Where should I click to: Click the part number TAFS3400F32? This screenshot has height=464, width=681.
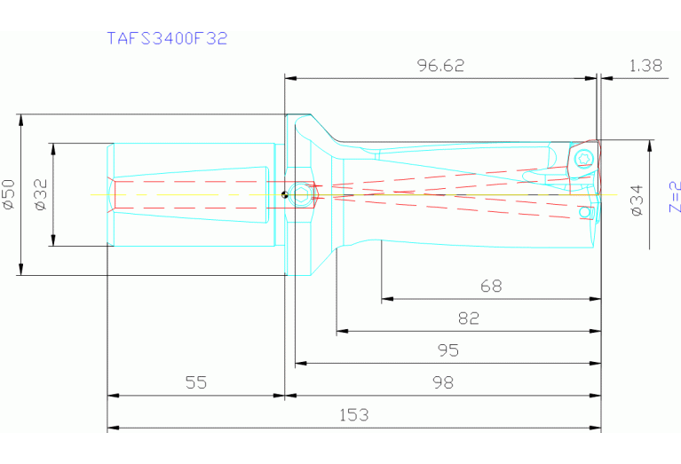167,38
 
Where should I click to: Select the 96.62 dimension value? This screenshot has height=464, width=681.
440,66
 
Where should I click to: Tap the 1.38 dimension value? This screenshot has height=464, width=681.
645,66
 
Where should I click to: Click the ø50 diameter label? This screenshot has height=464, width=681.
9,193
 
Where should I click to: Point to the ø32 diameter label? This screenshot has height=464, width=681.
39,193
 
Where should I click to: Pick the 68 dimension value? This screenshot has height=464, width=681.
490,286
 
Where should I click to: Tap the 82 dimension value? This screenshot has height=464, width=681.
468,318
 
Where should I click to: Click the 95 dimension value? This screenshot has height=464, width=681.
447,350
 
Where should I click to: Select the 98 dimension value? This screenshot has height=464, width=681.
441,382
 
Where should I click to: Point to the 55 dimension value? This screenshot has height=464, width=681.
196,382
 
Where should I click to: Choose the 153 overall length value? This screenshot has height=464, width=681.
352,414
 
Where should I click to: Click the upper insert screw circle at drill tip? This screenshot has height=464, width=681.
582,159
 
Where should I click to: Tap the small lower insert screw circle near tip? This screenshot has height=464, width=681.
584,212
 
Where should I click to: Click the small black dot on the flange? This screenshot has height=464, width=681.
283,195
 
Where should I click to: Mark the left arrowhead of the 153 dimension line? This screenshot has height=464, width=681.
112,429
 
